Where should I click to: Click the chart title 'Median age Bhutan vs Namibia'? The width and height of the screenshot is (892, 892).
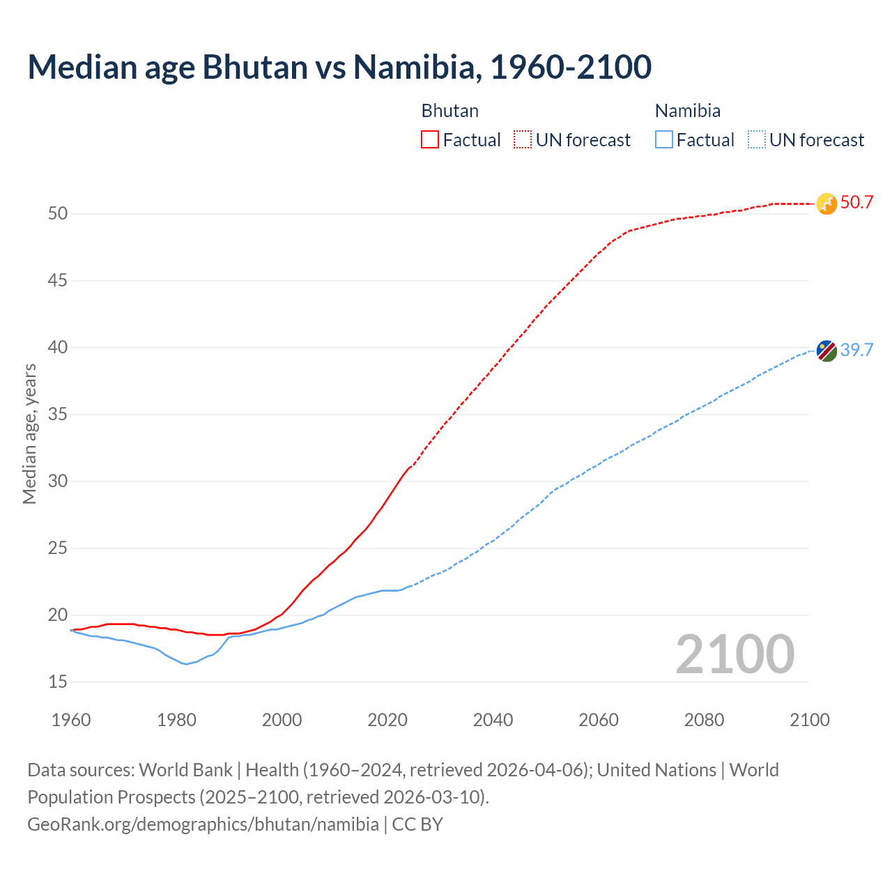pyautogui.click(x=339, y=67)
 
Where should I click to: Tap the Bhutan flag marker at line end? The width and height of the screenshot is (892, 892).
pyautogui.click(x=826, y=203)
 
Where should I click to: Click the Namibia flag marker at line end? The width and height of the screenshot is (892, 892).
pyautogui.click(x=826, y=351)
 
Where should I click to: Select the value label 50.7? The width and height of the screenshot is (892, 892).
pyautogui.click(x=856, y=203)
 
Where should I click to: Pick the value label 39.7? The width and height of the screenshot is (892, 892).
pyautogui.click(x=856, y=350)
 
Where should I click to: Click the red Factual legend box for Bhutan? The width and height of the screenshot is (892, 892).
pyautogui.click(x=430, y=140)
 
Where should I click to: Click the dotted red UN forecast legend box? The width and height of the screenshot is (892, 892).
pyautogui.click(x=523, y=140)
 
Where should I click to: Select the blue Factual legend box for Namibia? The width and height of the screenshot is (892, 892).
pyautogui.click(x=664, y=140)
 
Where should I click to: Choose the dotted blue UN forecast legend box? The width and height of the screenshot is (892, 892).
pyautogui.click(x=756, y=140)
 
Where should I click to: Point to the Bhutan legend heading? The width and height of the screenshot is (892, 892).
pyautogui.click(x=449, y=111)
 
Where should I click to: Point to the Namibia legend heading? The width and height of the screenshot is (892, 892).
pyautogui.click(x=687, y=111)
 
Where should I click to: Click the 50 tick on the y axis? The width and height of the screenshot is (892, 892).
pyautogui.click(x=58, y=214)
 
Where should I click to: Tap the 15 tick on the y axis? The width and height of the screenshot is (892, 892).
pyautogui.click(x=58, y=682)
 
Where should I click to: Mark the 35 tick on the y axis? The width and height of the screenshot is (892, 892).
pyautogui.click(x=58, y=415)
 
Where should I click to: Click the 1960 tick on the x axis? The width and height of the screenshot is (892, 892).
pyautogui.click(x=71, y=720)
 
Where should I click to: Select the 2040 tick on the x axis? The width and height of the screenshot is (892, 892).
pyautogui.click(x=493, y=720)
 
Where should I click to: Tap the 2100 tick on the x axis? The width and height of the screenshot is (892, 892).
pyautogui.click(x=809, y=720)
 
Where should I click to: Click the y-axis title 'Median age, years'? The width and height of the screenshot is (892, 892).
pyautogui.click(x=29, y=433)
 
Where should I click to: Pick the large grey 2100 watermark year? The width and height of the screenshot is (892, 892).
pyautogui.click(x=735, y=654)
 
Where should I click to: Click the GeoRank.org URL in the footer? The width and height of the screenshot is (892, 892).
pyautogui.click(x=203, y=824)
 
